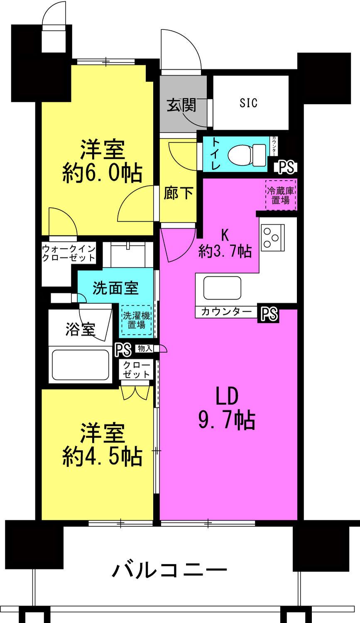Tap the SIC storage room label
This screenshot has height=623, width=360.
pos(248,103)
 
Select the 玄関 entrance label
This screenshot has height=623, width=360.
pos(181,106)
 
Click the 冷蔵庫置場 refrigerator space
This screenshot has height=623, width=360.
pos(281,195)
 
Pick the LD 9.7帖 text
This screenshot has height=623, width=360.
pos(227,409)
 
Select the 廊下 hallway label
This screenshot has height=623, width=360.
pos(178,193)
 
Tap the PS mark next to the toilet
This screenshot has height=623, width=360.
pos(286,167)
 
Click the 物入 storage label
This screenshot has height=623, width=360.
pos(145,349)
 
